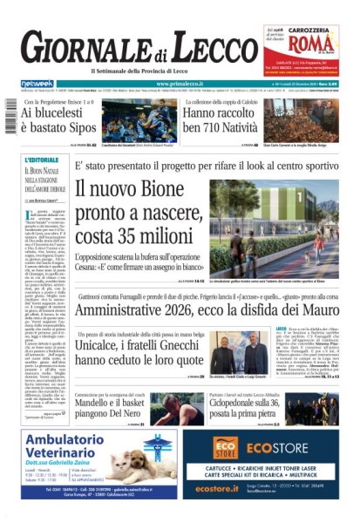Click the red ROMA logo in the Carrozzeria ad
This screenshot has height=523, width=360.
click(301, 44)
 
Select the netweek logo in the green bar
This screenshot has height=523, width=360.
click(37, 84)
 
